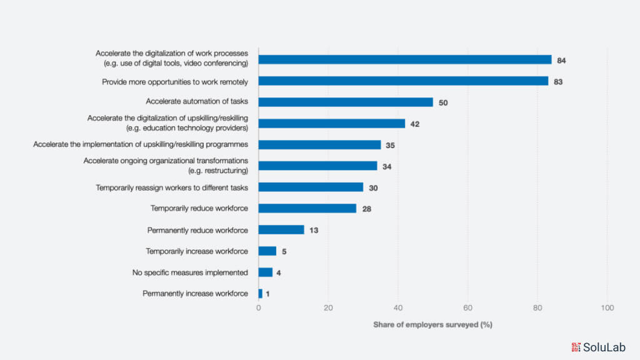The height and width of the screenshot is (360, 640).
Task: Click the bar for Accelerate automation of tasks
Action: [x=346, y=102]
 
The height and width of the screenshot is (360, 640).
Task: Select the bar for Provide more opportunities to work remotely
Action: [x=403, y=81]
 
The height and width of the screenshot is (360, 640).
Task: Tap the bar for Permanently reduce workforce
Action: [x=281, y=230]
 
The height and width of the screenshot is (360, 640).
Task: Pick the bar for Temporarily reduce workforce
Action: [x=307, y=208]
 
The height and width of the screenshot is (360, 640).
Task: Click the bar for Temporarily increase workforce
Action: [x=267, y=251]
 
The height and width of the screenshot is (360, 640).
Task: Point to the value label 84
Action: [x=562, y=60]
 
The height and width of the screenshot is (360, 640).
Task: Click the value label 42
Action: [x=414, y=124]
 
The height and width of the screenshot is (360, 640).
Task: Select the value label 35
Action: [x=390, y=145]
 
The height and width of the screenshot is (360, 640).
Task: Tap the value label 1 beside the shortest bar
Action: [x=268, y=294]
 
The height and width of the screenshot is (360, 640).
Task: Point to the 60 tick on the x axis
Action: [x=467, y=308]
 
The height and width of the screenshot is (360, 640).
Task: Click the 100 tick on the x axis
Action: [x=607, y=308]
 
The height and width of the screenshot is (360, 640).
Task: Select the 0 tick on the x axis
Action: [x=259, y=308]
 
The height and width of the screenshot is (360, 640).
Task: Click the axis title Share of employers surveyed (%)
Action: [x=432, y=325]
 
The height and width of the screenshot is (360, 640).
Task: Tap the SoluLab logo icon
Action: [x=576, y=347]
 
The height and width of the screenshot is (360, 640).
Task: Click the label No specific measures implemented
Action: [x=190, y=272]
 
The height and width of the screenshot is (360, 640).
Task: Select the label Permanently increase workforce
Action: [x=195, y=294]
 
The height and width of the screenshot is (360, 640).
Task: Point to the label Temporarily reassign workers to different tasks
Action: [x=172, y=187]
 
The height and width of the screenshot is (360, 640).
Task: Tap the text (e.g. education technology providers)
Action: [x=187, y=128]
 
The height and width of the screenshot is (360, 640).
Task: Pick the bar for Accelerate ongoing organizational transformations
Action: [x=317, y=166]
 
